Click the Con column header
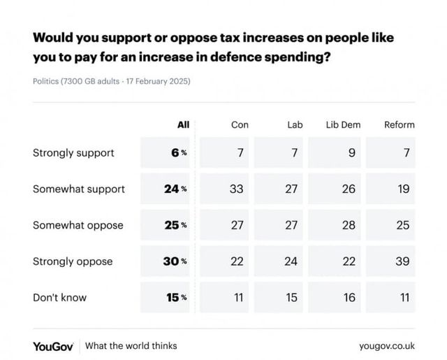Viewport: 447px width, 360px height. tap(240, 125)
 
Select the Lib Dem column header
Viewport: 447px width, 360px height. tap(343, 125)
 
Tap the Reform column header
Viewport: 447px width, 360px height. tap(400, 125)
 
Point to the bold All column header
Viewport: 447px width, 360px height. tap(183, 125)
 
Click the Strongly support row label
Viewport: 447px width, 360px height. tap(73, 152)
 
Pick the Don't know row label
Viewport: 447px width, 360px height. tap(60, 297)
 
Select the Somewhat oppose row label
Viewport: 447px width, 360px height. tap(78, 225)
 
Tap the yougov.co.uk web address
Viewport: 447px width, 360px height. tap(387, 345)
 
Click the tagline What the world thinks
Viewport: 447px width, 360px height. tap(131, 345)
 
